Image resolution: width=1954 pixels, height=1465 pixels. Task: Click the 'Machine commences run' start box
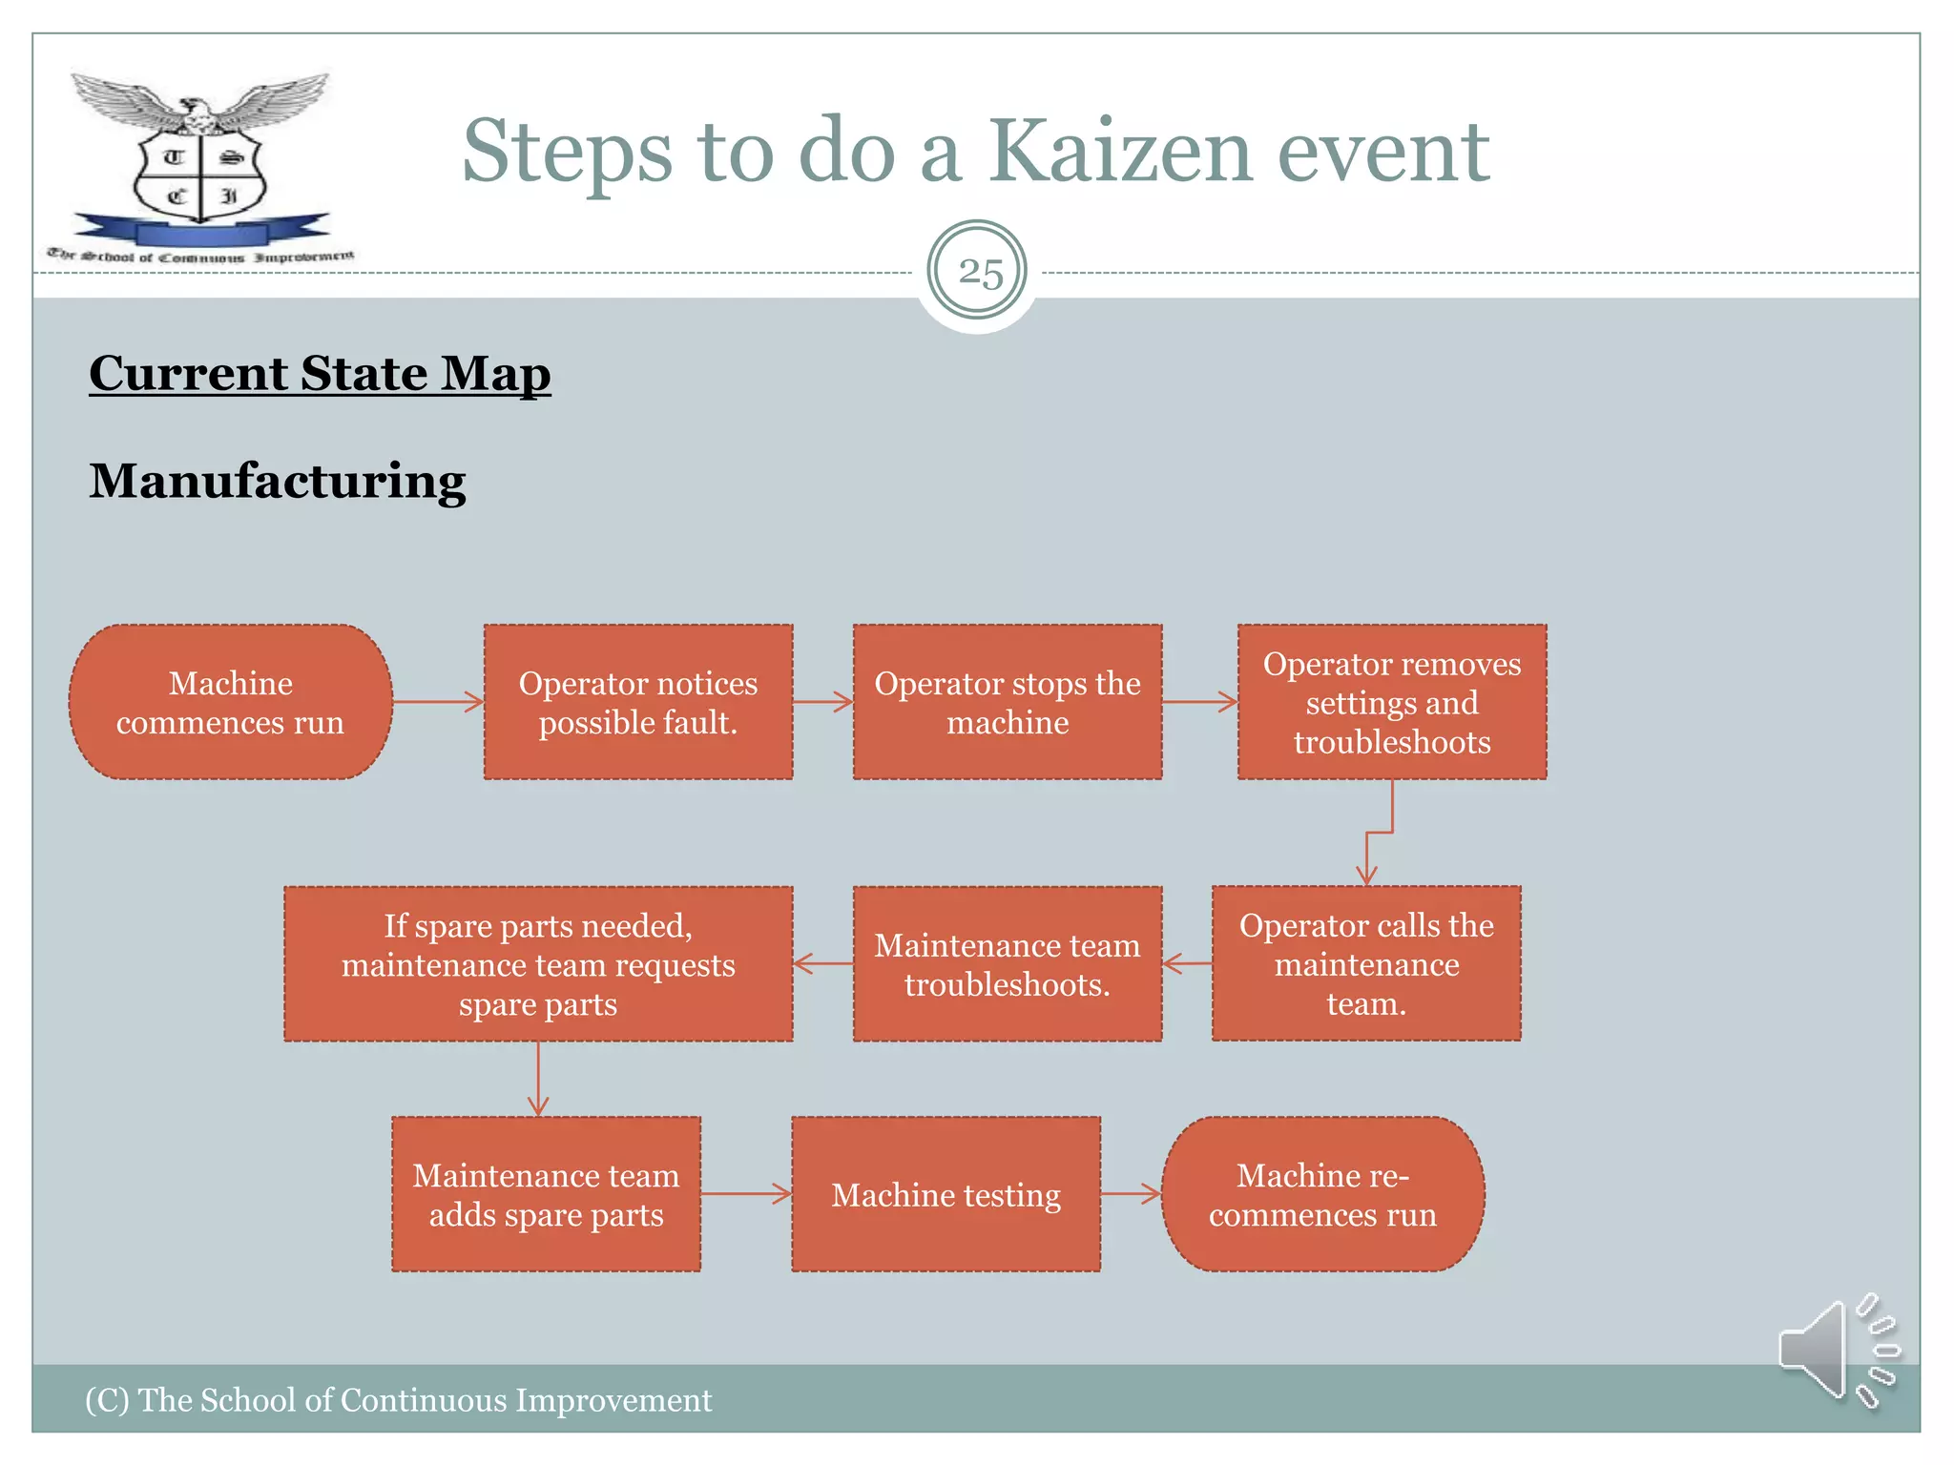230,702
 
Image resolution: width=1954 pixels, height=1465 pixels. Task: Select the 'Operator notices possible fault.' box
637,702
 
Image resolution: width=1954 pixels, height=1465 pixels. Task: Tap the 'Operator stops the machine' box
1007,702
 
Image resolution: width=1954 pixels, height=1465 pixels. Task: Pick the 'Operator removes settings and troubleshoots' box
1391,702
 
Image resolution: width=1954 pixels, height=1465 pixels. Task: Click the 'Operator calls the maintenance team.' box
1365,963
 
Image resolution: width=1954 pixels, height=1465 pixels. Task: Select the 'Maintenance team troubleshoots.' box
1007,963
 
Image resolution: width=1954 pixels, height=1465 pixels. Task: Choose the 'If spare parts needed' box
538,963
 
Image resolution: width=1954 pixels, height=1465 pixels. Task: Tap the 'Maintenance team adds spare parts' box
546,1194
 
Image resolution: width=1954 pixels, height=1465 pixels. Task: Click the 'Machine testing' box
946,1194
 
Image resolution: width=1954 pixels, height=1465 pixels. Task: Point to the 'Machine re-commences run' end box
1322,1194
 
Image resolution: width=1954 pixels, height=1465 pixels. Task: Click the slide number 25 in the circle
978,273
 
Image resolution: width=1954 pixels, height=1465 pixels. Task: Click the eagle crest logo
200,162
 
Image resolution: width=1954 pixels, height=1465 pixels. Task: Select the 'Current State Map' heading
320,373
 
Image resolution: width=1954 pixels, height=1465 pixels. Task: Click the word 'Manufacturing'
277,481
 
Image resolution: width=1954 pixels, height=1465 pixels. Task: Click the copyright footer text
398,1400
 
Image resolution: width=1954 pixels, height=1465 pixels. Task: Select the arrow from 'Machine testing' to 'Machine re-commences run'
1131,1193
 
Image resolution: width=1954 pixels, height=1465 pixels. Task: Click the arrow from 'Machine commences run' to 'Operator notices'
438,702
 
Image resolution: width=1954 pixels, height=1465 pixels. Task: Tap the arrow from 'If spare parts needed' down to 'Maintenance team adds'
538,1079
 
